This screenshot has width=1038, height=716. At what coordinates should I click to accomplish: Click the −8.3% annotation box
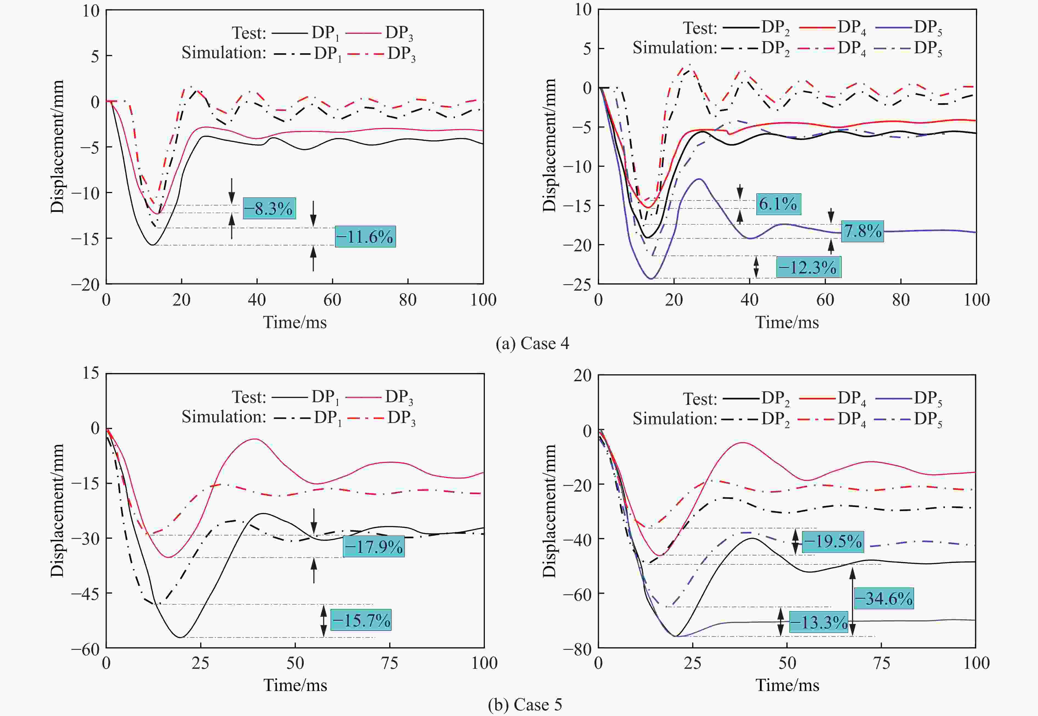pyautogui.click(x=269, y=208)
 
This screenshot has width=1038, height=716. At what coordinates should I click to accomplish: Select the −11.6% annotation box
pyautogui.click(x=365, y=236)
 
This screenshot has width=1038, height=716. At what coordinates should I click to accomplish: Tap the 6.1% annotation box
pyautogui.click(x=778, y=204)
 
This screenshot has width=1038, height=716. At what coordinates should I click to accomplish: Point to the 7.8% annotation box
pyautogui.click(x=862, y=231)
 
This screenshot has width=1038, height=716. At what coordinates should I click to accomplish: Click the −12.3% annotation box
pyautogui.click(x=808, y=268)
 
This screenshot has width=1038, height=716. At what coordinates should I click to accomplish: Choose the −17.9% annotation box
pyautogui.click(x=374, y=547)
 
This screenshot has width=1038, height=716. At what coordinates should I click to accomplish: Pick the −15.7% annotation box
pyautogui.click(x=361, y=620)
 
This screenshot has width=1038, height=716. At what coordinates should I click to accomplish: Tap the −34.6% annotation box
pyautogui.click(x=884, y=598)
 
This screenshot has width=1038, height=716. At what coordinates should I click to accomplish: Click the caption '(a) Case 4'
pyautogui.click(x=532, y=344)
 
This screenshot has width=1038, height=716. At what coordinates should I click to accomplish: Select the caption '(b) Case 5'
pyautogui.click(x=525, y=705)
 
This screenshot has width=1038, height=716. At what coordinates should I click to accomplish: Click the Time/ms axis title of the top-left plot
pyautogui.click(x=295, y=322)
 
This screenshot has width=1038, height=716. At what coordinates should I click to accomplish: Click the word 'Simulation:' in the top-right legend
pyautogui.click(x=675, y=48)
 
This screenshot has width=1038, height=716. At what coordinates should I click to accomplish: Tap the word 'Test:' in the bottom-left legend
pyautogui.click(x=249, y=397)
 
